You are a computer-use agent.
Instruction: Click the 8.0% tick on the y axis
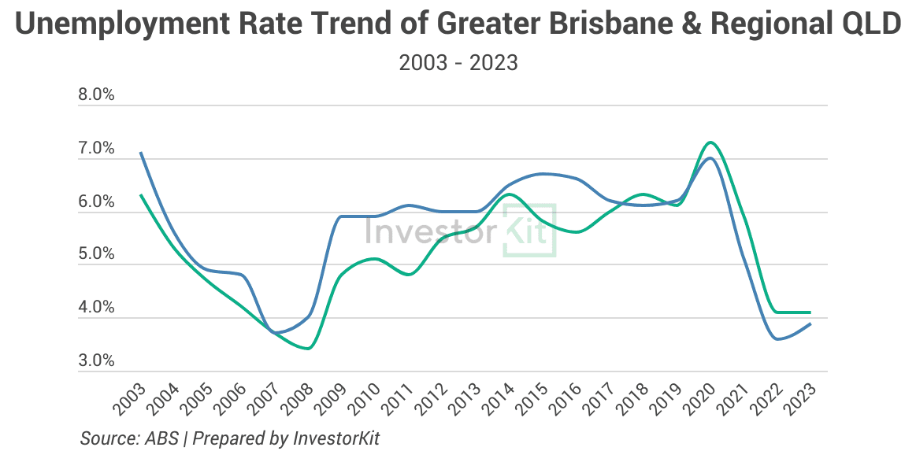(96, 96)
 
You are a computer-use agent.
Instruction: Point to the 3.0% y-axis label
(96, 362)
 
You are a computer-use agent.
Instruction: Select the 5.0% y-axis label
(96, 255)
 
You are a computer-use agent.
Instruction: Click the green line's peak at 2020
(710, 142)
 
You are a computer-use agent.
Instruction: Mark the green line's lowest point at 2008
(307, 348)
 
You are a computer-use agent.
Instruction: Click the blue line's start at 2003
(140, 153)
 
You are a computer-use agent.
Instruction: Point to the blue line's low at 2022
(778, 339)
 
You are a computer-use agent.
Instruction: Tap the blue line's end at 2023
(810, 324)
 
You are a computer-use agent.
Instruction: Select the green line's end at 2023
(810, 312)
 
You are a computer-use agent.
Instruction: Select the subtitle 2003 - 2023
(458, 63)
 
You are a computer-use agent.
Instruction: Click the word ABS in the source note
(160, 438)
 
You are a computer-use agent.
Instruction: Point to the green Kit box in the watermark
(529, 230)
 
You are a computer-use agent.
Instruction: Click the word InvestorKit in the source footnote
(347, 438)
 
